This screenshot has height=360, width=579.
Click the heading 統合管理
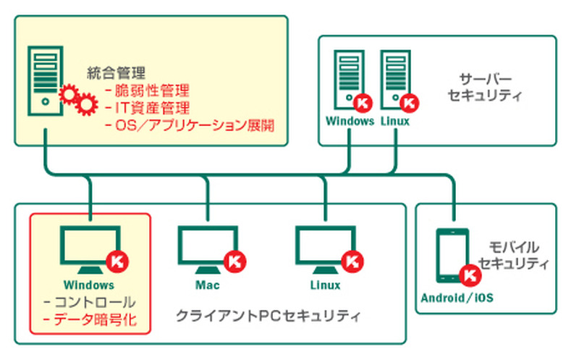point(117,72)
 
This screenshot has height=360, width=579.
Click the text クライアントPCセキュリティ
point(269,317)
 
